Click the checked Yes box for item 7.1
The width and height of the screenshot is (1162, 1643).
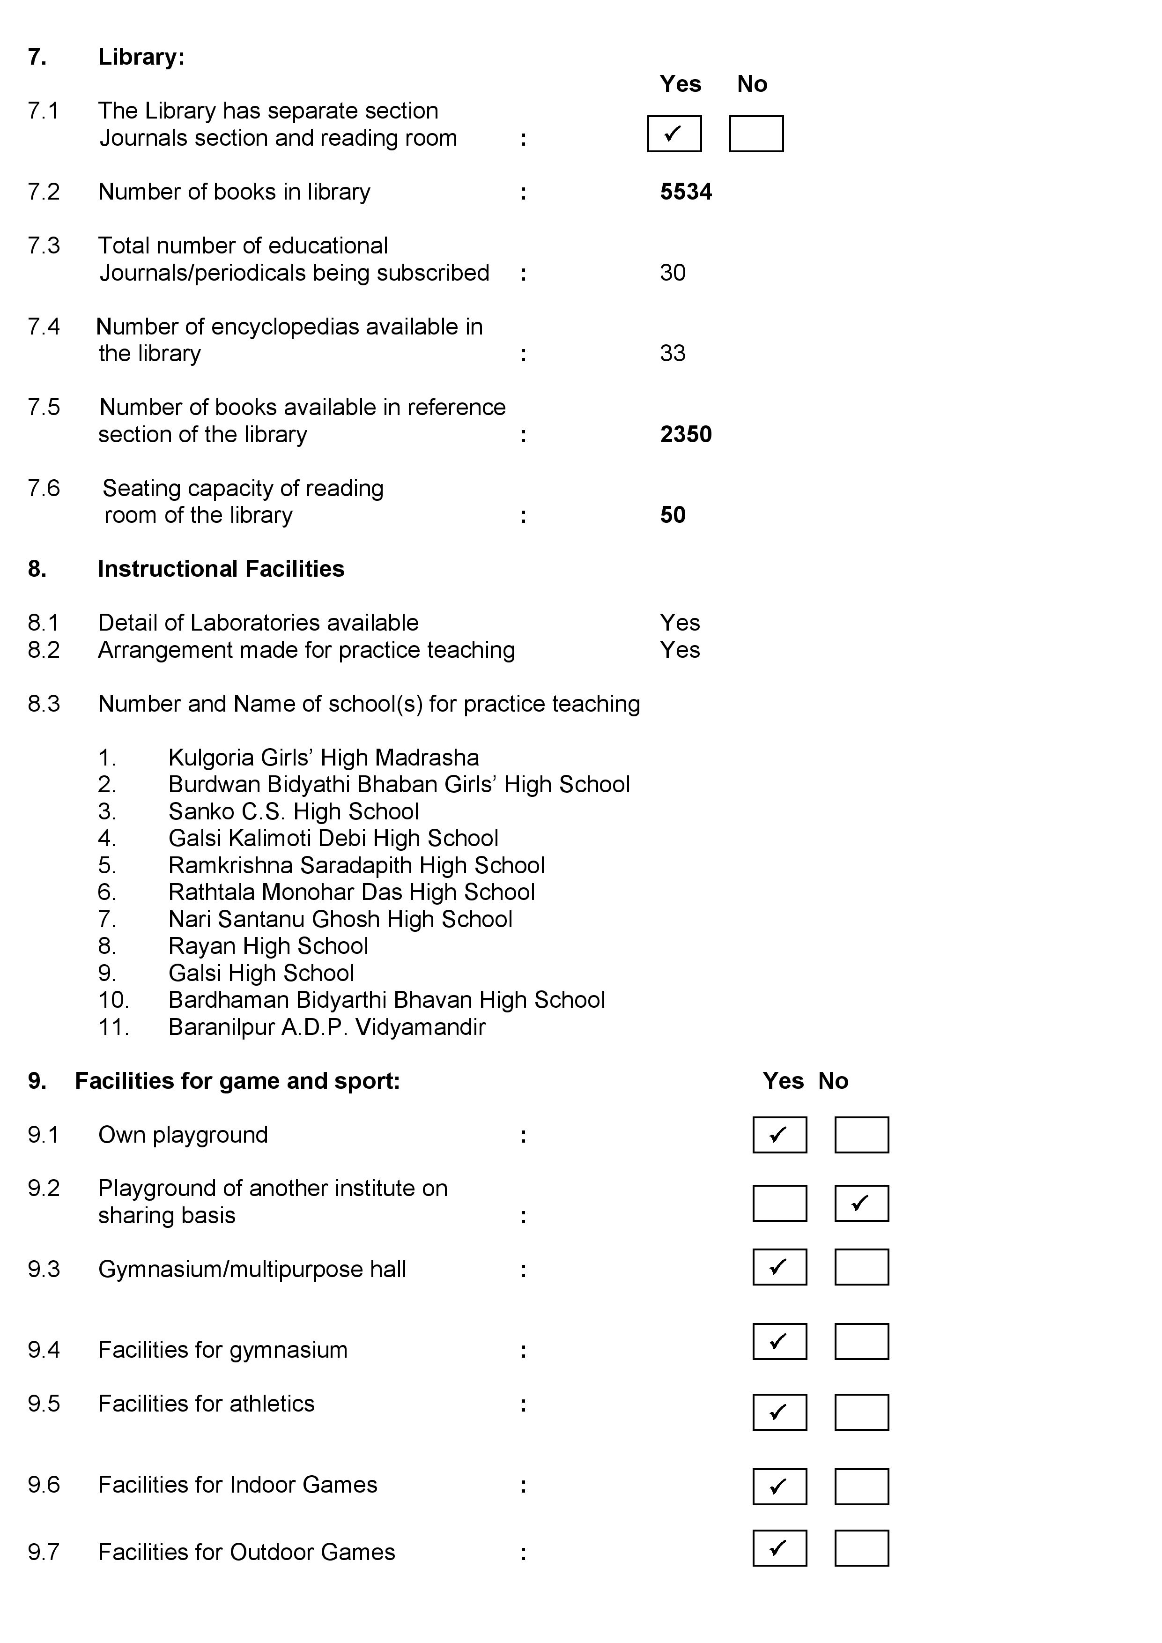tap(674, 134)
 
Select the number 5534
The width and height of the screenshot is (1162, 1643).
tap(686, 192)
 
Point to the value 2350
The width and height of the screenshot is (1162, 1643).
tap(686, 434)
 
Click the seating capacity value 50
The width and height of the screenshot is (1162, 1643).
tap(673, 515)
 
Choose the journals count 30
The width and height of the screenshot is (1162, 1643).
tap(673, 273)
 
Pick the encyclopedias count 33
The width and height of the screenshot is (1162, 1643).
tap(673, 354)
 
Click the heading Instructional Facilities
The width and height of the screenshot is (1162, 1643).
tap(221, 569)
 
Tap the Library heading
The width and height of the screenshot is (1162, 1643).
tap(141, 57)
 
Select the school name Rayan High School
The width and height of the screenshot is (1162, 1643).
tap(268, 946)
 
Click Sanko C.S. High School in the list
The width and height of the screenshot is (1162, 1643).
tap(293, 811)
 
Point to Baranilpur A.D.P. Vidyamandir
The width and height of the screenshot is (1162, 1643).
tap(327, 1027)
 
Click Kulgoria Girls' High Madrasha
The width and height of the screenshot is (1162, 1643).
tap(324, 758)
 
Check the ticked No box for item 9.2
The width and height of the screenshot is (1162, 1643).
tap(861, 1204)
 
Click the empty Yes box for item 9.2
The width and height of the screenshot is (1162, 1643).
tap(779, 1204)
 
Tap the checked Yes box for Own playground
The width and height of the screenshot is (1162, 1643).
tap(779, 1135)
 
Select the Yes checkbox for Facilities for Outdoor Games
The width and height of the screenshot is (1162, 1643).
tap(779, 1548)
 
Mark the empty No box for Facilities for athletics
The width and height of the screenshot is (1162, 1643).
tap(861, 1413)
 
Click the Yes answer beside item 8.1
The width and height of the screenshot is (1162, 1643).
tap(680, 623)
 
